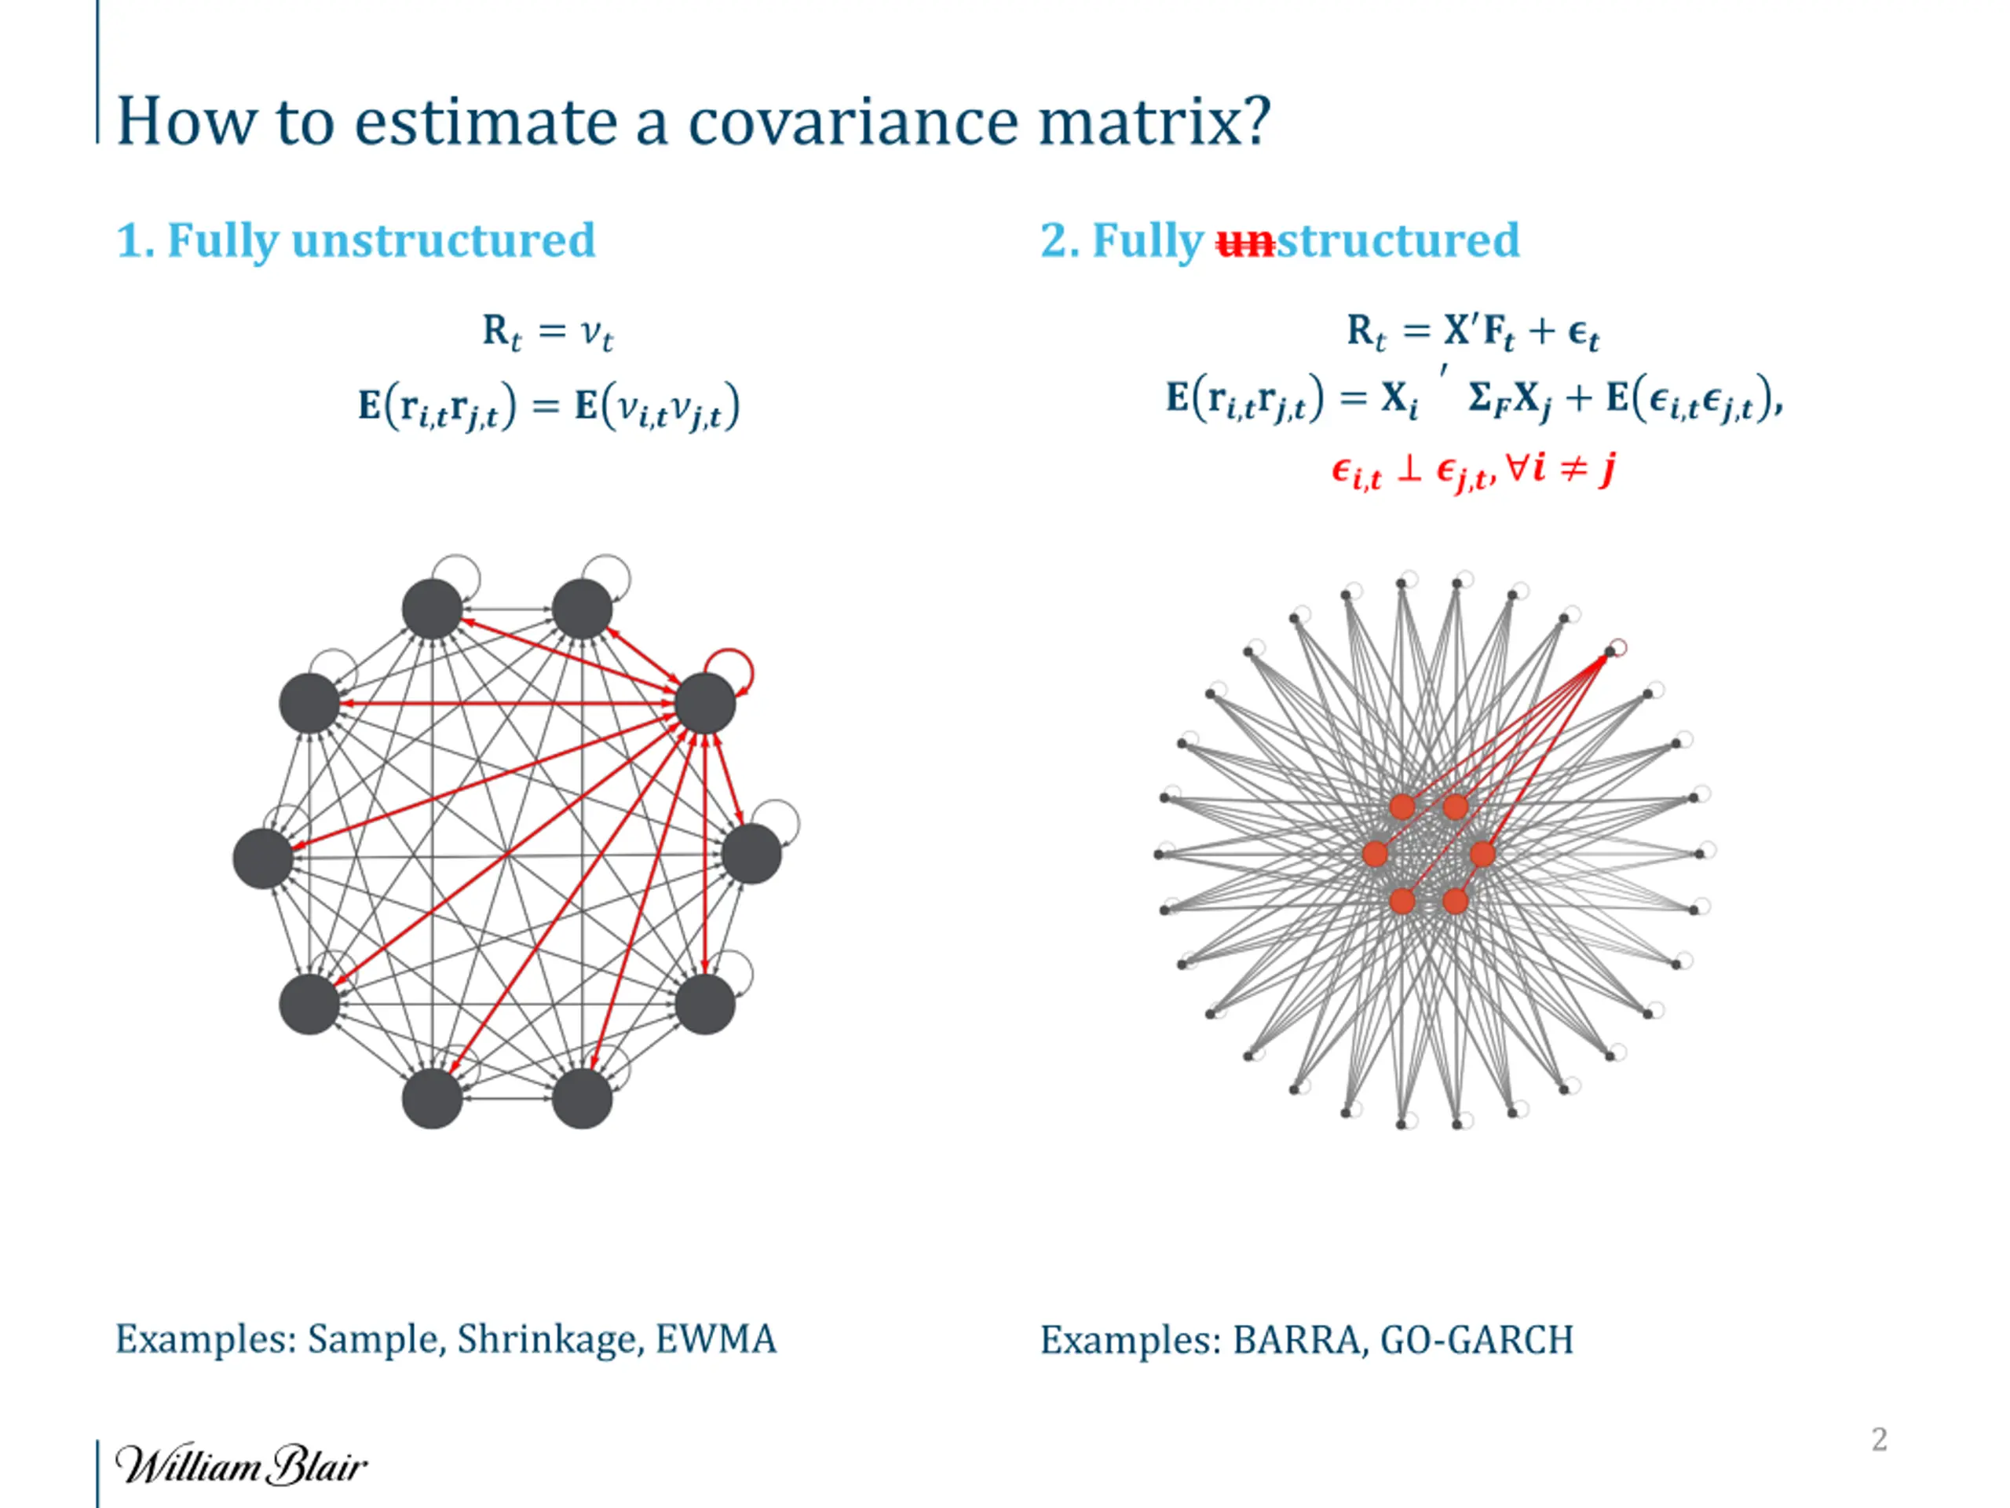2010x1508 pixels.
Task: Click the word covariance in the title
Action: (x=853, y=122)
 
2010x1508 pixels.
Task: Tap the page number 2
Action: (x=1879, y=1439)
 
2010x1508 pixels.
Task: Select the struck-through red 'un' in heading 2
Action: (x=1246, y=242)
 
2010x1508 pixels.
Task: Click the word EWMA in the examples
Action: (x=716, y=1339)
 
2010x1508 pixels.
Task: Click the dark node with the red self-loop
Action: (x=705, y=704)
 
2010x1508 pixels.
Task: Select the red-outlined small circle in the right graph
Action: (x=1617, y=647)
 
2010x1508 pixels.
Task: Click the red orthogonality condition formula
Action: (x=1473, y=470)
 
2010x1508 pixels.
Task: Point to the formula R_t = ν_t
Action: (x=548, y=333)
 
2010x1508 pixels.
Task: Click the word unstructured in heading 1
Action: (x=444, y=240)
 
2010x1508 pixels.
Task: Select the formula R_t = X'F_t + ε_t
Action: (x=1472, y=333)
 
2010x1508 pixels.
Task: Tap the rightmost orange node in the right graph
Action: (x=1482, y=854)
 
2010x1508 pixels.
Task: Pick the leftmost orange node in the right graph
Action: (x=1376, y=854)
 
